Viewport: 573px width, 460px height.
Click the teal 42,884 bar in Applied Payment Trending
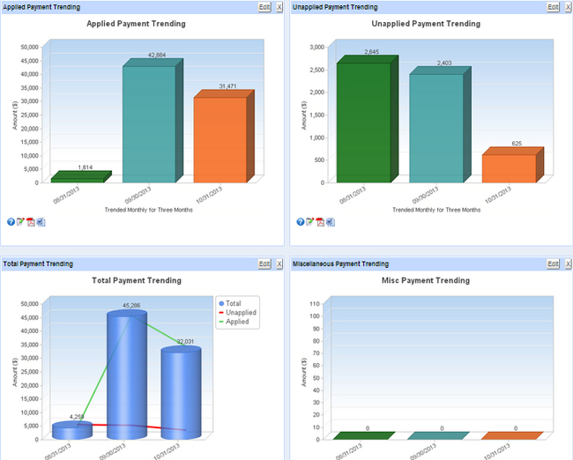[148, 123]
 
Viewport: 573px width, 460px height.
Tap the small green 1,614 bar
[78, 177]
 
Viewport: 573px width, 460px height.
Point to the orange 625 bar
[509, 167]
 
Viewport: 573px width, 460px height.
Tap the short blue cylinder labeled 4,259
[72, 431]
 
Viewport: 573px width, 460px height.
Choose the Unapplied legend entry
[241, 313]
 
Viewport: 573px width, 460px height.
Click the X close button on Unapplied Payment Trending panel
[566, 6]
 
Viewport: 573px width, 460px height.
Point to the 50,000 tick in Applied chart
[29, 46]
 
